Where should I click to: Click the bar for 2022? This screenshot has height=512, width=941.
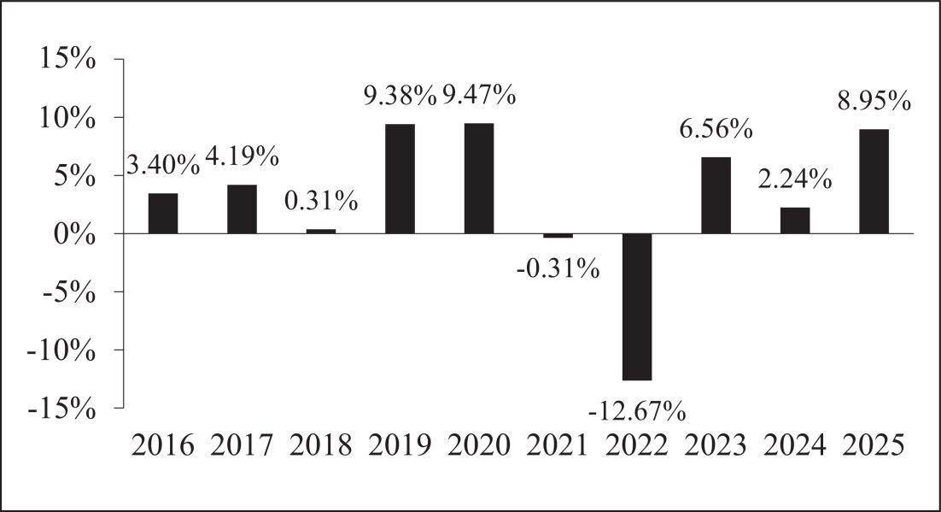(637, 307)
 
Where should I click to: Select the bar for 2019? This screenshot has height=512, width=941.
(400, 179)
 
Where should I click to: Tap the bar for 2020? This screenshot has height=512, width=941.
(479, 178)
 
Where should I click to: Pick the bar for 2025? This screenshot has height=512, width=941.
(874, 181)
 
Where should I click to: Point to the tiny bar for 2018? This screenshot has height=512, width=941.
(321, 232)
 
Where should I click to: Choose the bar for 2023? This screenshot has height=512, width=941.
(716, 195)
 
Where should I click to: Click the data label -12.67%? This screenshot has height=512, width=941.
(637, 412)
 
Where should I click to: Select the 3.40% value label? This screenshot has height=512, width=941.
(163, 164)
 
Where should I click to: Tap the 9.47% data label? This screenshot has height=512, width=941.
(479, 95)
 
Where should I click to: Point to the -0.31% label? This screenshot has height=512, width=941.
(558, 268)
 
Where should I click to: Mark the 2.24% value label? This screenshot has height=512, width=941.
(795, 179)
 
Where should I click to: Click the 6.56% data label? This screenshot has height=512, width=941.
(716, 128)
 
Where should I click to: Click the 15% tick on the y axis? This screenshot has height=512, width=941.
(67, 59)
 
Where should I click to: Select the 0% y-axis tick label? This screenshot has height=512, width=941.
(74, 233)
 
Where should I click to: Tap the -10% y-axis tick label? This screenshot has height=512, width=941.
(61, 350)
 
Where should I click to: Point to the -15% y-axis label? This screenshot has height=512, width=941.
(61, 409)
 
